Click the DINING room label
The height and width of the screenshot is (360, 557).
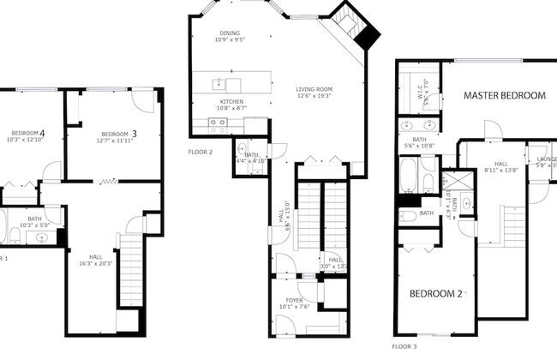pos(230,32)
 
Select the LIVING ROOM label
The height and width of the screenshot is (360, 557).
pos(314,88)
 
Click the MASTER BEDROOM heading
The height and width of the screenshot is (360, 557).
pos(504,96)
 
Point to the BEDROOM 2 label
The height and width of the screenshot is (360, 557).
pos(436,294)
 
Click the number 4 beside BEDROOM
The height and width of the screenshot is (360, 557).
pos(42,133)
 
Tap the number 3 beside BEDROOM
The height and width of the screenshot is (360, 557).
pos(134,134)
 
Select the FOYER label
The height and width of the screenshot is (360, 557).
pos(293,300)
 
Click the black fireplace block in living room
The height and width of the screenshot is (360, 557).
pos(368,36)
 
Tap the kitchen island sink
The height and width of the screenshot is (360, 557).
pos(219,83)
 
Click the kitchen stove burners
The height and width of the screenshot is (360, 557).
pos(219,123)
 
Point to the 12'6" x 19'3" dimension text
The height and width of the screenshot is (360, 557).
pos(314,96)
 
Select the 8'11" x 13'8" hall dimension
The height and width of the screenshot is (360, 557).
pos(500,170)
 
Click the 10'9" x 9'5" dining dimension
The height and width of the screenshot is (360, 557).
pos(230,39)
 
